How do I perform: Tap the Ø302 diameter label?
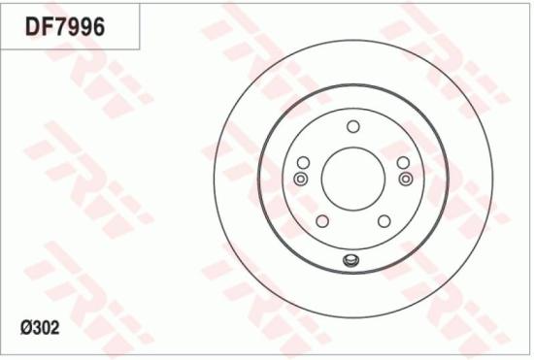tap(39, 329)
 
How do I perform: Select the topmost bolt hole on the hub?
tap(352, 126)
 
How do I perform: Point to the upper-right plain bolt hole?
tap(403, 161)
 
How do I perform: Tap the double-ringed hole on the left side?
tap(300, 179)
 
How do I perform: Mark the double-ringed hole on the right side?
tap(405, 179)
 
